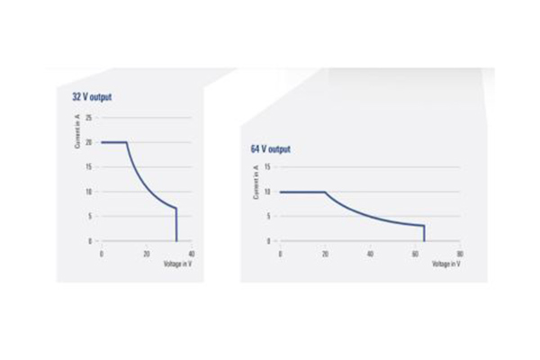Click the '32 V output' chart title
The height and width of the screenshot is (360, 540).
tap(92, 96)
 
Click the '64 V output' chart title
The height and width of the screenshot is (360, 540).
tap(271, 148)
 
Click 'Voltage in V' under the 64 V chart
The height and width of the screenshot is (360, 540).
tap(446, 263)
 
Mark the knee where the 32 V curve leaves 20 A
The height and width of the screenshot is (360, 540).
tap(126, 142)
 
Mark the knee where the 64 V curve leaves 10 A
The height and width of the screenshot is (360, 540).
tap(325, 192)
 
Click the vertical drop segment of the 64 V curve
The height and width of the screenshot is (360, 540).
tap(424, 234)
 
